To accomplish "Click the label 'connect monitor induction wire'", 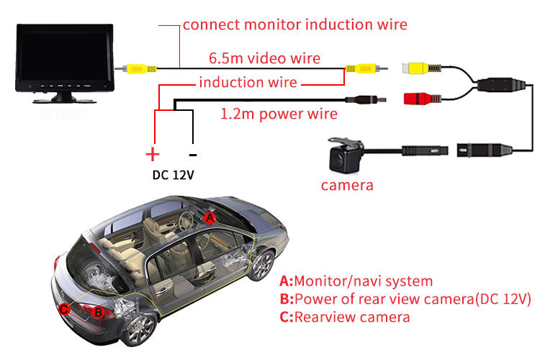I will coord(294,24).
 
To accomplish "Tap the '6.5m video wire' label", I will coord(264,58).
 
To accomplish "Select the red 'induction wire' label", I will coord(247,82).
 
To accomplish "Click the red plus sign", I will coord(152,153).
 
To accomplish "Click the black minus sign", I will coord(192,153).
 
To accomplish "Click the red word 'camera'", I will coord(347,185).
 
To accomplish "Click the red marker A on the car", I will coord(210,217).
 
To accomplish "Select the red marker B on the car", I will coord(98,312).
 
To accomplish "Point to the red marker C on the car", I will coord(64,309).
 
